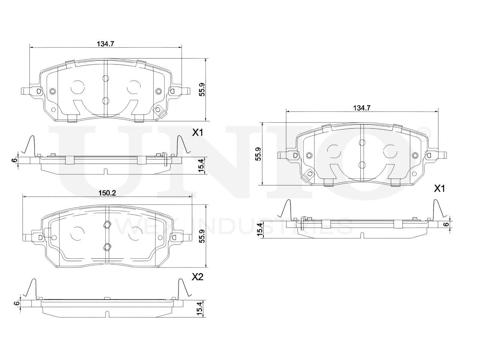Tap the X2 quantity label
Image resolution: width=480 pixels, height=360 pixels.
click(197, 277)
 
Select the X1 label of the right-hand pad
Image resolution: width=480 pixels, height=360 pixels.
click(439, 189)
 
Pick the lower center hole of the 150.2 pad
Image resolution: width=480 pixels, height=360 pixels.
click(107, 247)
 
